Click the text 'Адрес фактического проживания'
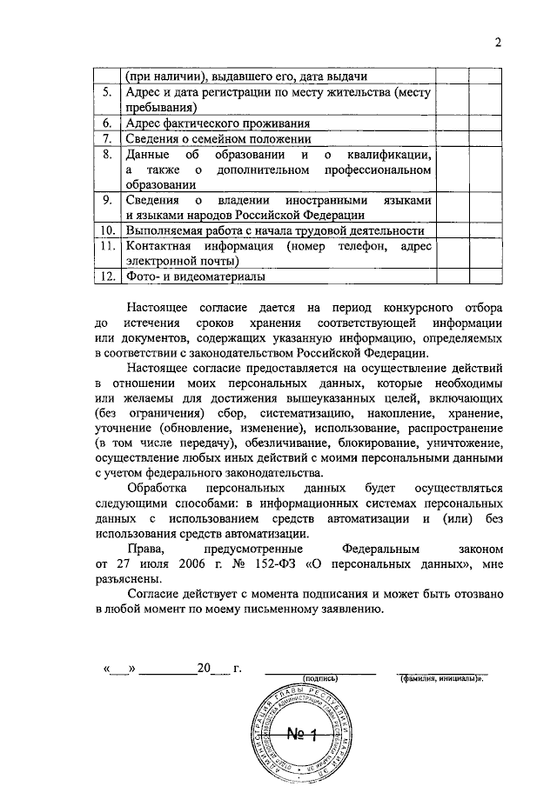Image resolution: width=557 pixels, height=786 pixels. tap(206, 123)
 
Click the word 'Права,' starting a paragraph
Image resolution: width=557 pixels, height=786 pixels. tap(145, 550)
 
